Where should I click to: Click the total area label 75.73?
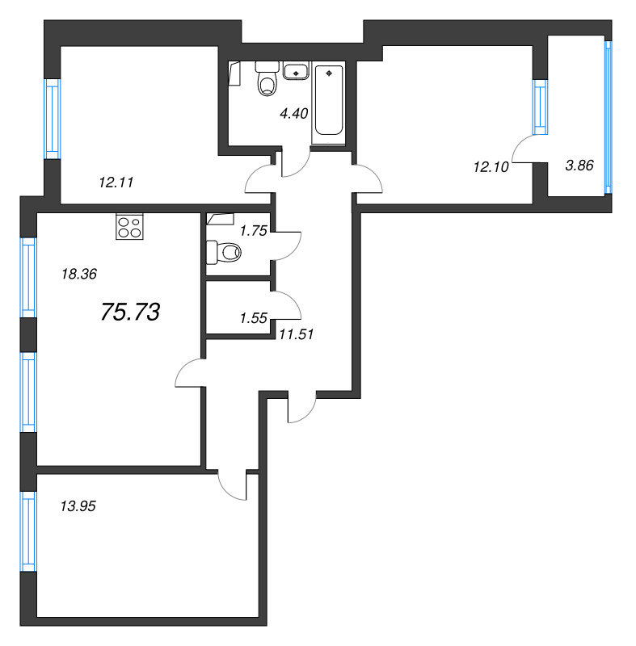coord(130,312)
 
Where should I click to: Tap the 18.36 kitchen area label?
coord(79,274)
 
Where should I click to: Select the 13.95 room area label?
coord(78,506)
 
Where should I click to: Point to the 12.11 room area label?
coord(116,182)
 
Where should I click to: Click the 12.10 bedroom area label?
coord(491,167)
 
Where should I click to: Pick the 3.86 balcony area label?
coord(579,166)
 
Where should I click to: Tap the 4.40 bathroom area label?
coord(294,113)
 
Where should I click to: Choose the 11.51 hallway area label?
coord(297,334)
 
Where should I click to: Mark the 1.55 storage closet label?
coord(254,318)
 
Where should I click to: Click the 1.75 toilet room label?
coord(254,231)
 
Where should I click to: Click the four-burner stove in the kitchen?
coord(129,227)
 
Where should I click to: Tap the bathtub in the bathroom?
coord(329,100)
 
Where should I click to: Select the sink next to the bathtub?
coord(296,70)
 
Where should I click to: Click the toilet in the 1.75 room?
coord(223,252)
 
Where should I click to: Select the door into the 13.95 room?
coord(232,486)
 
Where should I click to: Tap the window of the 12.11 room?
coord(53,119)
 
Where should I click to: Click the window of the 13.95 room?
coord(28,531)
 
